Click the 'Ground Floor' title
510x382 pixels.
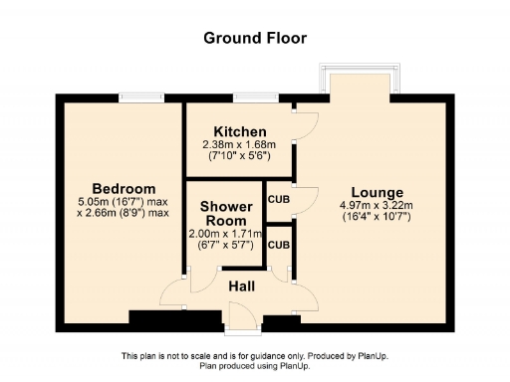coord(255,38)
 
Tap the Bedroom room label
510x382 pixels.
coord(124,189)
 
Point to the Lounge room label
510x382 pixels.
coord(377,192)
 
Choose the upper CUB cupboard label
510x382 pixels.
coord(278,198)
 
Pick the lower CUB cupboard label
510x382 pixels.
coord(278,245)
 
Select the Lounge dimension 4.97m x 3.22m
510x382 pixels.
coord(377,205)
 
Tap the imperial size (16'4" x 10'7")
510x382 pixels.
coord(377,217)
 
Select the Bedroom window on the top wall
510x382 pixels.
coord(134,97)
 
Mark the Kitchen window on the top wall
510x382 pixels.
coord(249,97)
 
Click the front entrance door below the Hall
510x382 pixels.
coord(242,316)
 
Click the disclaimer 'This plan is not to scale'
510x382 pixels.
coord(255,357)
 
